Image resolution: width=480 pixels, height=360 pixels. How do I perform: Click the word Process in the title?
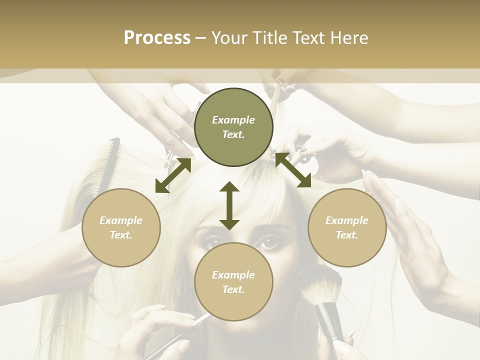[x=157, y=38]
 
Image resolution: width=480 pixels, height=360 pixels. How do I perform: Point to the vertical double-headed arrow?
[x=229, y=205]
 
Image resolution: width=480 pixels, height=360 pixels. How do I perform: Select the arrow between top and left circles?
[x=173, y=175]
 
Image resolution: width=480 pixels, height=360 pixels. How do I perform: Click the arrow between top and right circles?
[x=292, y=170]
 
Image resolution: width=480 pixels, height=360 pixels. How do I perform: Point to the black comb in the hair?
[x=110, y=160]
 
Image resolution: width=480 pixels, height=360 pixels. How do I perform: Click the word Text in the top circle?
[x=233, y=135]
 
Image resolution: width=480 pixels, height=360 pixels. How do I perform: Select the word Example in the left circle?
[x=121, y=220]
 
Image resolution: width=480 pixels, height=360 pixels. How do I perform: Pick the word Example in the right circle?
[x=347, y=220]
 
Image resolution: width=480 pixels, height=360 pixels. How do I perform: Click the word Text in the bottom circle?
[x=233, y=289]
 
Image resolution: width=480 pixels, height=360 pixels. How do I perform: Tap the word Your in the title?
[x=229, y=38]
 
